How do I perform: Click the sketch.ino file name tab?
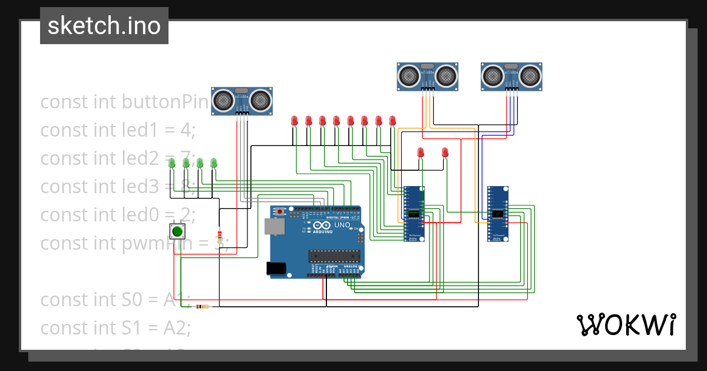104,26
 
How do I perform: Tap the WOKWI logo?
625,324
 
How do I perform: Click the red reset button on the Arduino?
280,211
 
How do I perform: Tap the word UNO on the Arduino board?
342,225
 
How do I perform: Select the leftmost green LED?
171,163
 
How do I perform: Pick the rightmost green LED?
214,163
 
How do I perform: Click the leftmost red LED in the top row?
294,121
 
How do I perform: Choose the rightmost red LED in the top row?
392,121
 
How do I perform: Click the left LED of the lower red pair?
420,153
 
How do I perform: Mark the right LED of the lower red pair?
445,153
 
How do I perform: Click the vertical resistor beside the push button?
220,236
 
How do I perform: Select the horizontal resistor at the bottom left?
201,306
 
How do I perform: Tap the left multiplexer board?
414,214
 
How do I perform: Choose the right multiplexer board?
498,214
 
